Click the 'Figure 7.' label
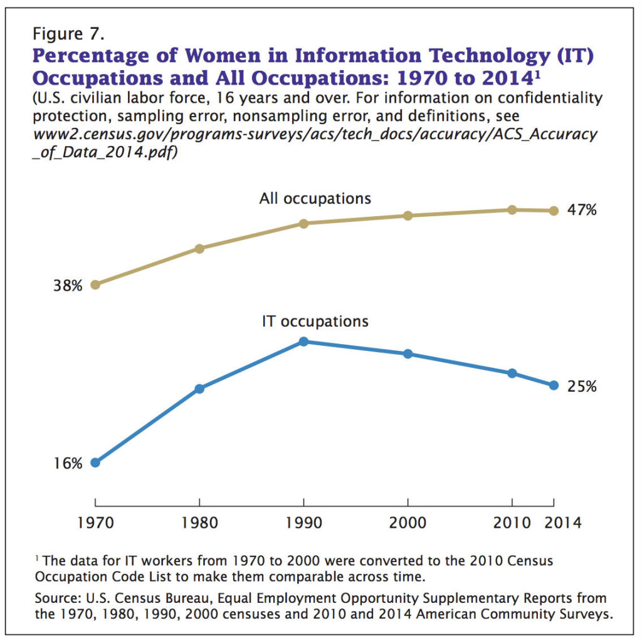65,34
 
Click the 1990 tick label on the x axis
303,523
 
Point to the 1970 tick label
95,523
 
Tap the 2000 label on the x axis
408,523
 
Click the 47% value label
582,211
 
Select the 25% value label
582,387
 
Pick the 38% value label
68,286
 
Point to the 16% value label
68,464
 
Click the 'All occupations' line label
315,199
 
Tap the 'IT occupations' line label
315,322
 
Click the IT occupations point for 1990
303,342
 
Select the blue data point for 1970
95,463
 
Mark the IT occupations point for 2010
512,374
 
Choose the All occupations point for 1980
199,249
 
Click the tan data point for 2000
408,216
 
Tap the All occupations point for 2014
554,211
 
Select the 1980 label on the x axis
199,523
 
